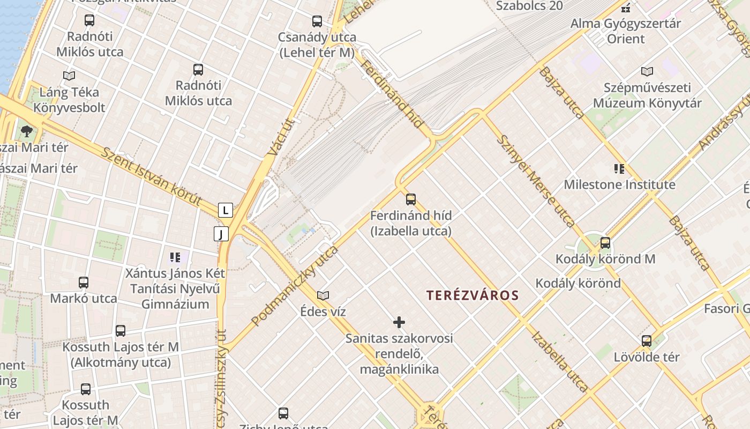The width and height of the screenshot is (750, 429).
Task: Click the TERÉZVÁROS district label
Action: click(x=472, y=295)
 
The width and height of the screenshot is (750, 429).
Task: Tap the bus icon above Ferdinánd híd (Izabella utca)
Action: click(x=411, y=199)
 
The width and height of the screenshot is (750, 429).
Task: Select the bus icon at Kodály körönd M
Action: click(x=605, y=243)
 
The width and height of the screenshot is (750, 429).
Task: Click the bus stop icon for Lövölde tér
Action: click(x=647, y=341)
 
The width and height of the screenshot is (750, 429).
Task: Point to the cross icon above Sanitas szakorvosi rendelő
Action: click(x=399, y=322)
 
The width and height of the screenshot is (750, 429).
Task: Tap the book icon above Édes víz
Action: click(x=323, y=295)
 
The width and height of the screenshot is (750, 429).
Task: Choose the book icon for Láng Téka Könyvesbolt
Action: click(x=69, y=76)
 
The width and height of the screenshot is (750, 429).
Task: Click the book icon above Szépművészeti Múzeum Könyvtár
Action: click(x=647, y=71)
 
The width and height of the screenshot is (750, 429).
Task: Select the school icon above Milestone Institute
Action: click(x=619, y=169)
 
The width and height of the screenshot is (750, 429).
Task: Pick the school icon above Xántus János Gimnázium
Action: click(x=175, y=257)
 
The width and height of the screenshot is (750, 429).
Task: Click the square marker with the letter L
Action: click(x=226, y=210)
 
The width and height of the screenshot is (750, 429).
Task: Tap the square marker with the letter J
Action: click(x=221, y=234)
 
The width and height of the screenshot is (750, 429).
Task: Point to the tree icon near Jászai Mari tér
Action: click(x=26, y=131)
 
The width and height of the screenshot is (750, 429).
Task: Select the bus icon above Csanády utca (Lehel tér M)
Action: click(x=317, y=21)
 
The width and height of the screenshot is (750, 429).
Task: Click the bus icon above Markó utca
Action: click(x=84, y=283)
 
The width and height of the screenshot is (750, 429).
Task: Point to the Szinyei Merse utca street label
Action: click(x=536, y=180)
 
